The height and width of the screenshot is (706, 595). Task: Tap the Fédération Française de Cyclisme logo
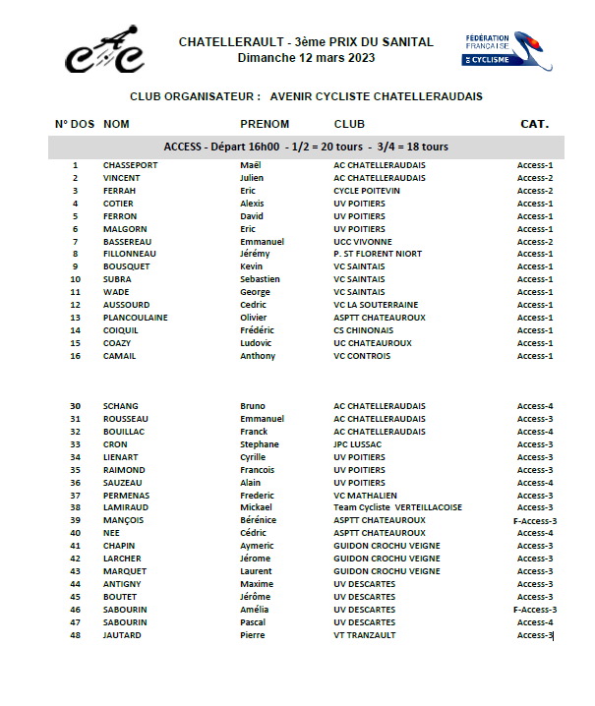(507, 50)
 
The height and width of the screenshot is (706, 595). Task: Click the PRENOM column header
(265, 124)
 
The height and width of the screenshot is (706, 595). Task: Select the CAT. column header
(534, 124)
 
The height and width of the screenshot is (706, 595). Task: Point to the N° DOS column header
(75, 124)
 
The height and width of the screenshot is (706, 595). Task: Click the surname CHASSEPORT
(130, 165)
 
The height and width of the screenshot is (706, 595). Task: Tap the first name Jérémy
(256, 254)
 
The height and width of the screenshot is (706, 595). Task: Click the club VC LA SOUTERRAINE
(376, 305)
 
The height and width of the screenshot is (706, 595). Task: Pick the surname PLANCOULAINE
(135, 318)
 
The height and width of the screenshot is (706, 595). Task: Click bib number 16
(75, 356)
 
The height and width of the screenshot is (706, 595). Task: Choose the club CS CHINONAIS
(364, 330)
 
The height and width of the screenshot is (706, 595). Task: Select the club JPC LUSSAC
(360, 444)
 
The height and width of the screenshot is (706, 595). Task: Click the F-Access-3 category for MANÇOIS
(535, 521)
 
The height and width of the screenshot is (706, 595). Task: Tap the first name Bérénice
(259, 520)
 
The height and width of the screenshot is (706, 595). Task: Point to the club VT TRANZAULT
(366, 635)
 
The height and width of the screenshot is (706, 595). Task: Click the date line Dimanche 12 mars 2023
(306, 58)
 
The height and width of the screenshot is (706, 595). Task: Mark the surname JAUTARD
(122, 635)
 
